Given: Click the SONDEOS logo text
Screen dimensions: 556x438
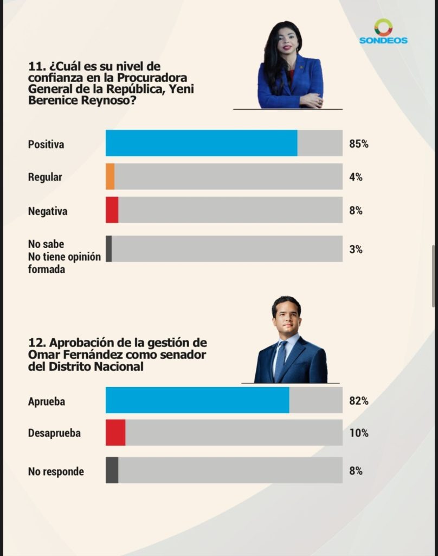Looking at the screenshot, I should (383, 40).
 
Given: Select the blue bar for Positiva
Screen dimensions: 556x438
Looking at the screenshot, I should (201, 143).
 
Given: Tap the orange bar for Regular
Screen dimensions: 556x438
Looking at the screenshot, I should (110, 177).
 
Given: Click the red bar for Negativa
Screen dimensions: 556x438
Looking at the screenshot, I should (112, 210).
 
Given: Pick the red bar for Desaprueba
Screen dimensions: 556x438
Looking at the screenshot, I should (115, 433).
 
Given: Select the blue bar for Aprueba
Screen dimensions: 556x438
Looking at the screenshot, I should (197, 400).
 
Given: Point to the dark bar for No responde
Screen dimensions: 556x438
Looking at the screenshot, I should (112, 470).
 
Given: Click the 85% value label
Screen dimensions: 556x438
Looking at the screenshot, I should (359, 144).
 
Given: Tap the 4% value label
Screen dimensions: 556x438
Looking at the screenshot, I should (356, 177).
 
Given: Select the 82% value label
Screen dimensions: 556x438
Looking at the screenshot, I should (359, 401).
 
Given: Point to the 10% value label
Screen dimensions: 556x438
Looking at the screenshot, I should (359, 433).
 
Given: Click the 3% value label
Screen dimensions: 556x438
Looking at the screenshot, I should (356, 250).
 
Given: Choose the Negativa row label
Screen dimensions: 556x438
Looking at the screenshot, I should (48, 211).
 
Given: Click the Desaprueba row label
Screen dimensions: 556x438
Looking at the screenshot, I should (54, 433).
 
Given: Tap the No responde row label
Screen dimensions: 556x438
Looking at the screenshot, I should (56, 471).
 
